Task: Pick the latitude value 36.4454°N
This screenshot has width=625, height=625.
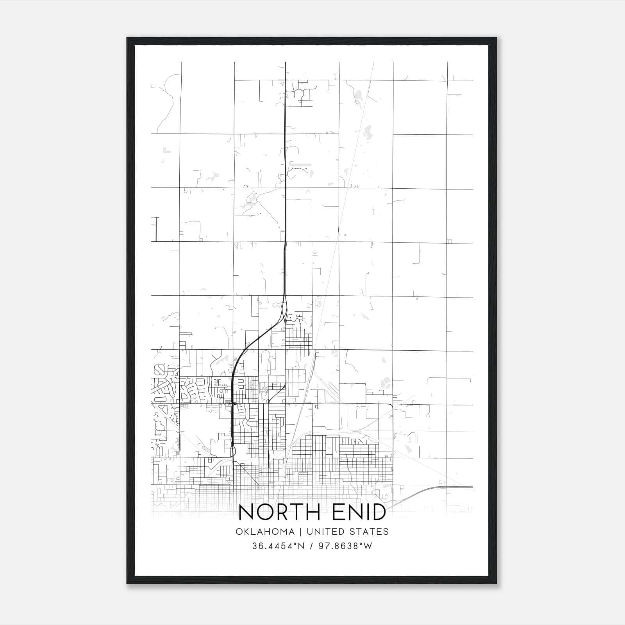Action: tap(278, 546)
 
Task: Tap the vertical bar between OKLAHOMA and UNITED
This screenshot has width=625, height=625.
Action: tap(301, 532)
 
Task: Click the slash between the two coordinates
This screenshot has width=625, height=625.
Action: tap(311, 546)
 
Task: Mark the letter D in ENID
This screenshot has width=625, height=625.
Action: tap(377, 512)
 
